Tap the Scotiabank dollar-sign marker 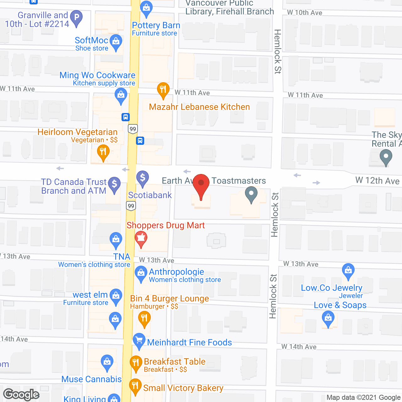pyautogui.click(x=143, y=177)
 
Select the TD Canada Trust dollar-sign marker pyautogui.click(x=114, y=184)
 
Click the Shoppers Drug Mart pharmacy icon pyautogui.click(x=141, y=238)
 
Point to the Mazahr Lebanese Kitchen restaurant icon pyautogui.click(x=163, y=90)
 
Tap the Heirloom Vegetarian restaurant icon pyautogui.click(x=103, y=152)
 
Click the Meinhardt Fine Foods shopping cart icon pyautogui.click(x=139, y=340)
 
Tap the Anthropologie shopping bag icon pyautogui.click(x=141, y=273)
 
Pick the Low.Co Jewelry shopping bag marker pyautogui.click(x=348, y=270)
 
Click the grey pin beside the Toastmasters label pyautogui.click(x=251, y=194)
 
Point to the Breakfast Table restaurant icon pyautogui.click(x=136, y=363)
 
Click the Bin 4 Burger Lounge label pyautogui.click(x=170, y=299)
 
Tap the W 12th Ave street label pyautogui.click(x=377, y=181)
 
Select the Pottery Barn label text pyautogui.click(x=156, y=25)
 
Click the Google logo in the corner pyautogui.click(x=21, y=394)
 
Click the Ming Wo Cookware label pyautogui.click(x=97, y=75)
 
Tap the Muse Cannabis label pyautogui.click(x=91, y=379)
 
